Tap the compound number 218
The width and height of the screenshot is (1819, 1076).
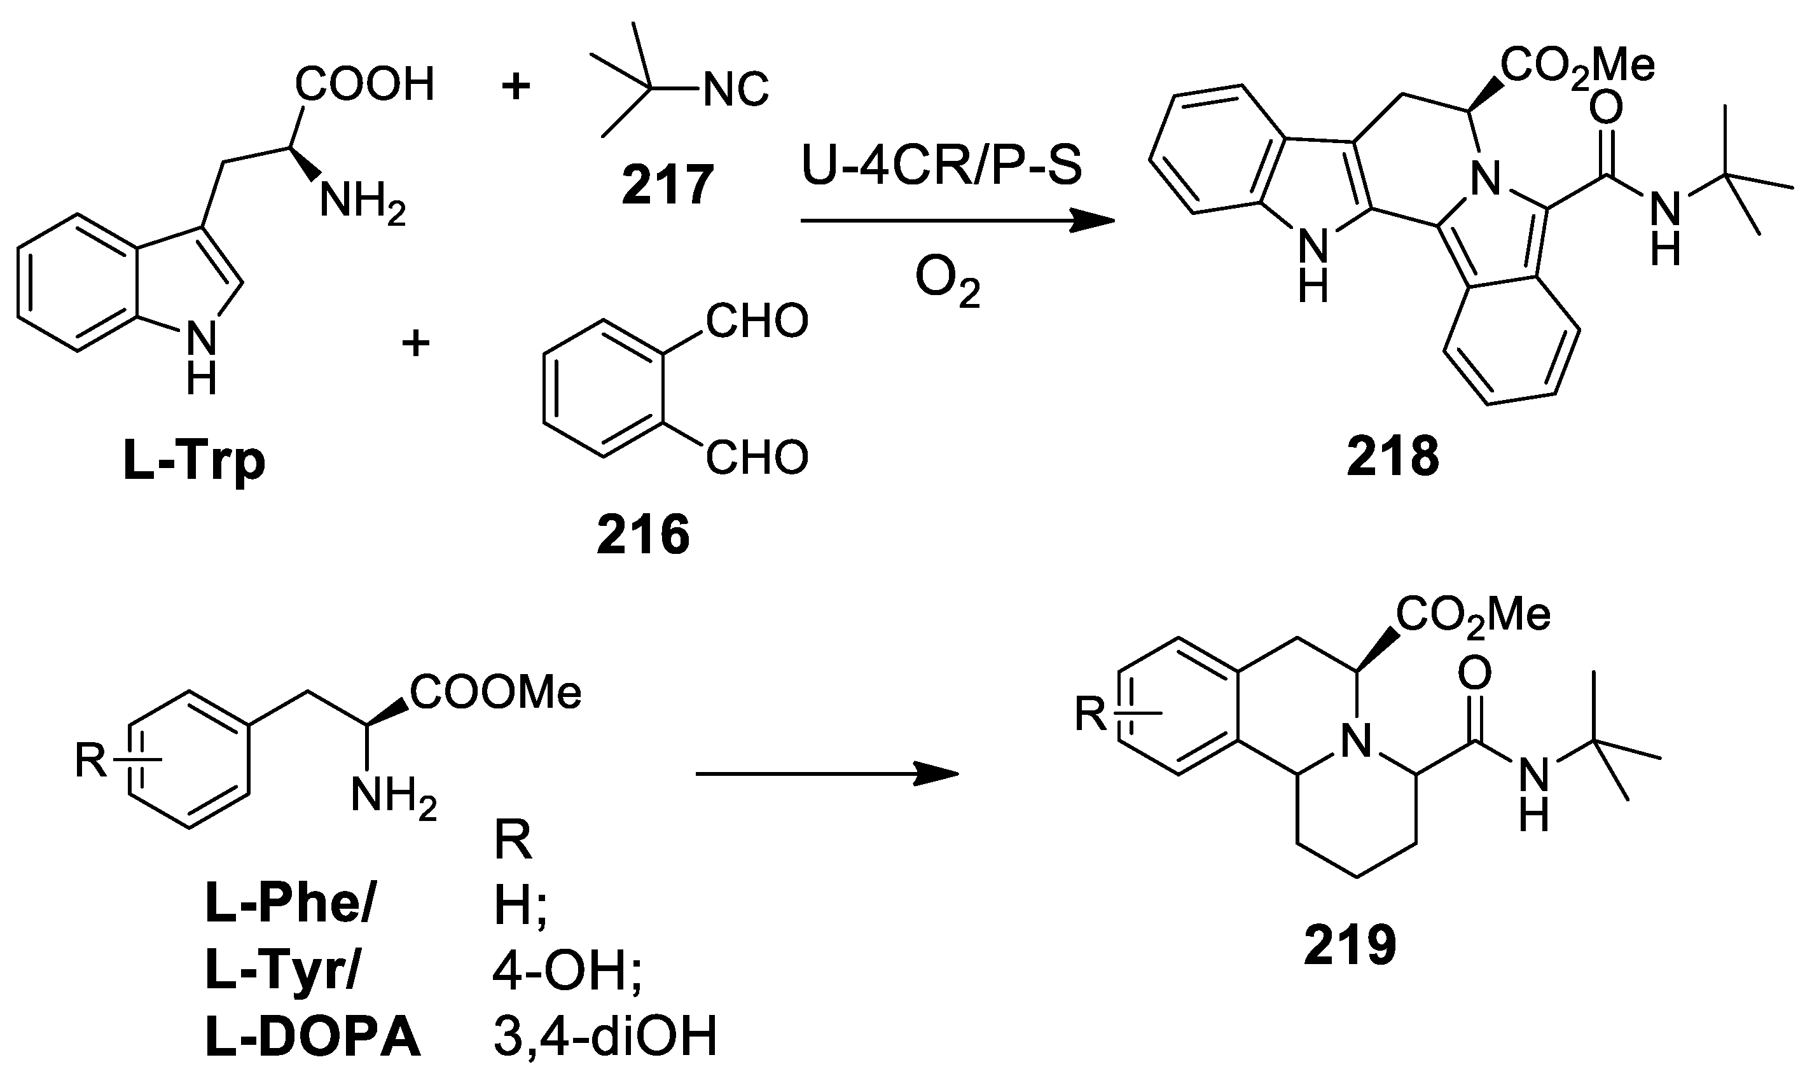(1393, 459)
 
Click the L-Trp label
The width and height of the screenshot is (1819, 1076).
(194, 460)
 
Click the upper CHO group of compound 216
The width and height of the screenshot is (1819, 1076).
(756, 321)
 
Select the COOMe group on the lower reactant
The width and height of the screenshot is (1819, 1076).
(496, 693)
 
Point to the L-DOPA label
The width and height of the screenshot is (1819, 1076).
(312, 1038)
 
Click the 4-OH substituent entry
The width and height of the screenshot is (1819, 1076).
(566, 972)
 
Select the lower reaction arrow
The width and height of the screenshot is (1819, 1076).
(826, 774)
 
